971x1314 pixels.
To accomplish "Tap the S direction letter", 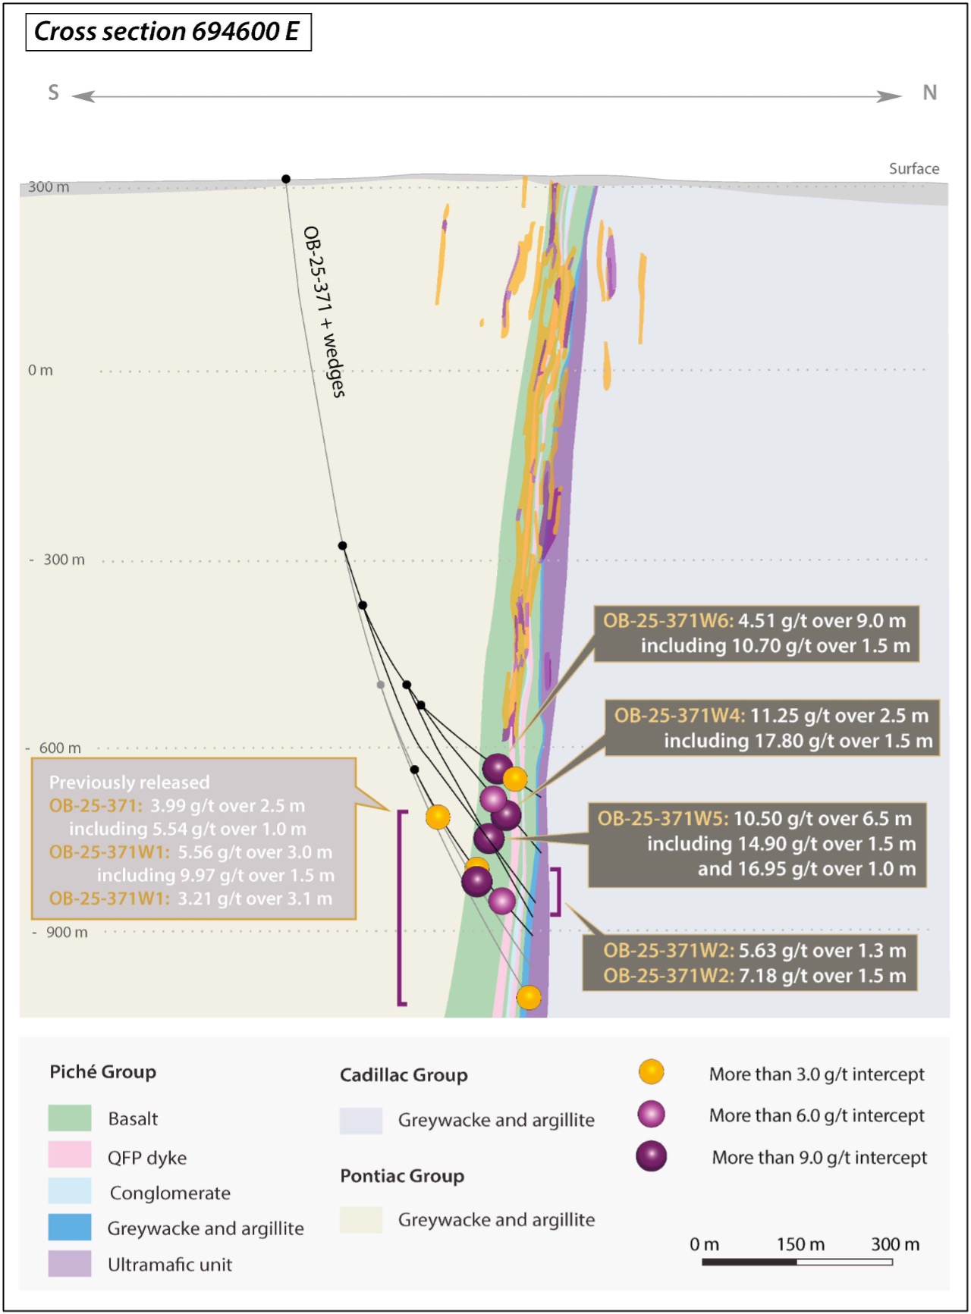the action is pos(53,93).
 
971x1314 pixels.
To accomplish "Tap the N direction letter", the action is pos(929,93).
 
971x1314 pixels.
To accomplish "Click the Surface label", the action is pos(914,168).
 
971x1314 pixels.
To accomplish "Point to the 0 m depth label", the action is pos(40,370).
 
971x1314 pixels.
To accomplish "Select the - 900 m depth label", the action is pos(60,932).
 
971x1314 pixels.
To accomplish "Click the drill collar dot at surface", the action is pos(286,179).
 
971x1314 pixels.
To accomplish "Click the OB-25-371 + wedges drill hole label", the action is pos(324,312).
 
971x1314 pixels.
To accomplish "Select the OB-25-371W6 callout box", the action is pos(756,634).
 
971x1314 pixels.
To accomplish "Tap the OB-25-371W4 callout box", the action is pos(772,728).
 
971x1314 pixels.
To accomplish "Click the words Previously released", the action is pos(129,782).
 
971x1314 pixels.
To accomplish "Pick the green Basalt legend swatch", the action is pos(70,1118).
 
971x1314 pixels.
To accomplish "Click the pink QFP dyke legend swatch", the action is pos(70,1155).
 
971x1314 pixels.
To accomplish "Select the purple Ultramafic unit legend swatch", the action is pos(70,1264).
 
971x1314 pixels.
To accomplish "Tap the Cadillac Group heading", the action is pos(404,1075).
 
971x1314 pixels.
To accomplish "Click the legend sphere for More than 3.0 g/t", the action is pos(652,1072).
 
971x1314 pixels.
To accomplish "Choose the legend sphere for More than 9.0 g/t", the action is pos(652,1156).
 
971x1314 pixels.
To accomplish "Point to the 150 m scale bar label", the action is pos(800,1244).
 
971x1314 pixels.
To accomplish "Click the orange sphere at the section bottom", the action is pos(529,997).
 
